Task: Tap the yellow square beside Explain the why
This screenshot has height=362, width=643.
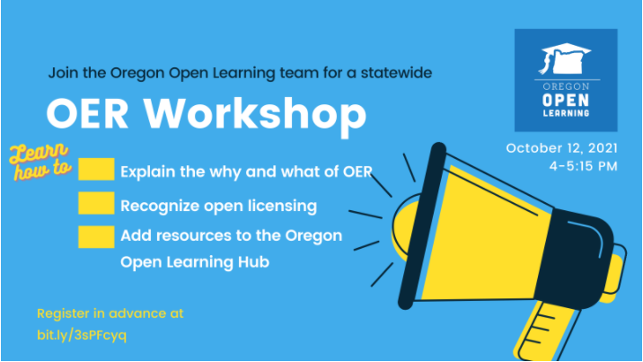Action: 96,169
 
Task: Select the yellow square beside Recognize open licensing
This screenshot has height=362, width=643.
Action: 96,203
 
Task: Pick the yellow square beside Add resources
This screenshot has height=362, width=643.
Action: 96,237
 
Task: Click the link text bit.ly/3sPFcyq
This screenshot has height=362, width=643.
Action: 82,335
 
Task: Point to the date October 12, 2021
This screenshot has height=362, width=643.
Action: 561,148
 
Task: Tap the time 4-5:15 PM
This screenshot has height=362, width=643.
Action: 583,166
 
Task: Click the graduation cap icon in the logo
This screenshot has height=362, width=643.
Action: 566,58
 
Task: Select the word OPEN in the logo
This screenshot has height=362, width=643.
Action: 566,100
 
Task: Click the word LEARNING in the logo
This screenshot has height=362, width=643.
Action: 566,113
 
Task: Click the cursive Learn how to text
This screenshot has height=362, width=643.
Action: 40,162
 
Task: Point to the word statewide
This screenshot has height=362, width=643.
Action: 396,73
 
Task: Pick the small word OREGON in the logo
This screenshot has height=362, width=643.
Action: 566,86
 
